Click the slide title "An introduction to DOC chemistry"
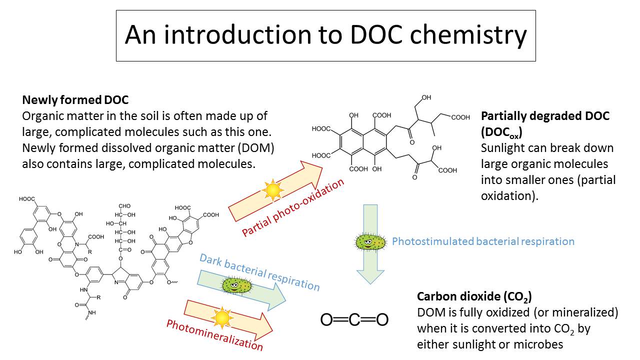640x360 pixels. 325,35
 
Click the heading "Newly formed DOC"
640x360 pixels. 75,100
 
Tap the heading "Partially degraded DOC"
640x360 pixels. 545,116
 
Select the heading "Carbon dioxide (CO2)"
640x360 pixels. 474,297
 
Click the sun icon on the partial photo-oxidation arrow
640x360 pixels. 273,190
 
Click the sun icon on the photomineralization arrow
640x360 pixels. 222,317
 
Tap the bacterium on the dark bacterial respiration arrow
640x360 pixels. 236,285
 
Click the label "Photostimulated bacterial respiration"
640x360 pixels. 483,241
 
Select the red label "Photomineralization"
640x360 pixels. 214,335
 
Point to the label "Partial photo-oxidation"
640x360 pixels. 293,207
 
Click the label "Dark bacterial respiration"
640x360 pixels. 259,272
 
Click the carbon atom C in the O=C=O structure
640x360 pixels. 354,319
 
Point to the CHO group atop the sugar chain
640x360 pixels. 124,206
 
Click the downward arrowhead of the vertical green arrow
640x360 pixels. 370,276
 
